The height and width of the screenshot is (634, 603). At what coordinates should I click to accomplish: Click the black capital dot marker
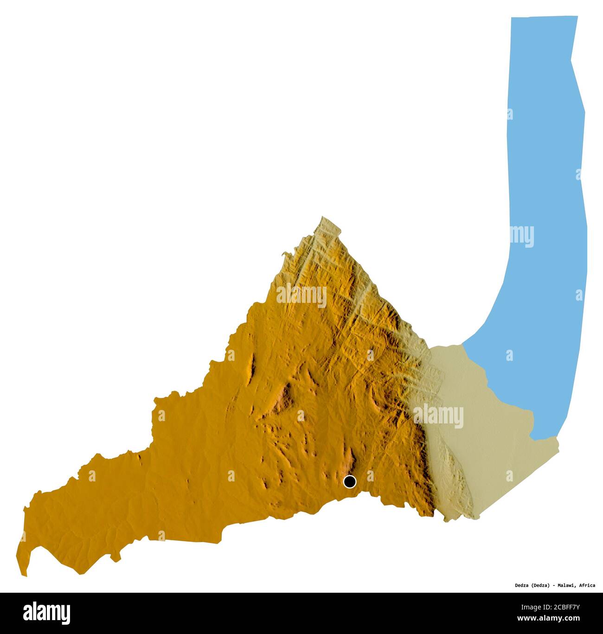click(349, 482)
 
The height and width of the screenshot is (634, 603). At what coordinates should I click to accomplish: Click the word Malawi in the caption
click(563, 585)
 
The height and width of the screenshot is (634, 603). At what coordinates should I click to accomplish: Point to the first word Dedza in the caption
click(511, 585)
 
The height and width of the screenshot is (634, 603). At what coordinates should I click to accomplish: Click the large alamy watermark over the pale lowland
click(438, 416)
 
